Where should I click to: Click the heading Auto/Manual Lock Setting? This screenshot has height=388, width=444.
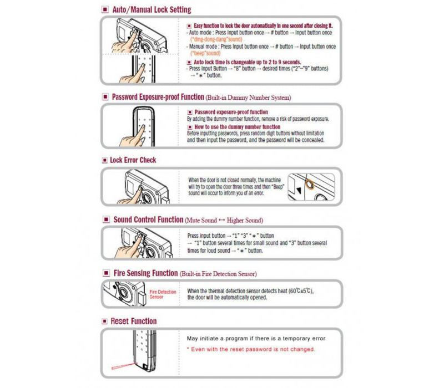(x=152, y=9)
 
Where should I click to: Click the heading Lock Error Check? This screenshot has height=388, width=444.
(x=133, y=160)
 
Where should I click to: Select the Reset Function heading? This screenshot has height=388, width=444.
(x=134, y=321)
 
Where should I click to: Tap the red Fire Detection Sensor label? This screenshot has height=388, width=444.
(x=164, y=294)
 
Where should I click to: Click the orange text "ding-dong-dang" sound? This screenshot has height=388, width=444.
(x=217, y=40)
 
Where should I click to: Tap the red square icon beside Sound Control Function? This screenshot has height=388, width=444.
(x=105, y=219)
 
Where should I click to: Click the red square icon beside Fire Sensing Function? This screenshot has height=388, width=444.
(x=105, y=274)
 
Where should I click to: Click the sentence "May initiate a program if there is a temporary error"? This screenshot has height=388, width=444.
(x=255, y=338)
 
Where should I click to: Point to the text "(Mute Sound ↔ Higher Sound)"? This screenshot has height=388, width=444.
(x=224, y=220)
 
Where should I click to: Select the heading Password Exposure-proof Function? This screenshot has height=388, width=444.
(x=158, y=96)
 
